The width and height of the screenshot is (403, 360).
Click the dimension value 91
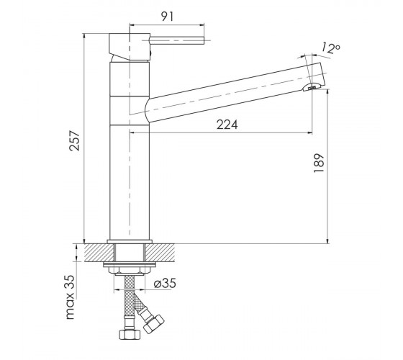[x=167, y=17]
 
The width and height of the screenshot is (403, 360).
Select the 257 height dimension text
[x=75, y=140]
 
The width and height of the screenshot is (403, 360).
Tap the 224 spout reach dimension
[x=227, y=125]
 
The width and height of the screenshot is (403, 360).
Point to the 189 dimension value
[x=319, y=163]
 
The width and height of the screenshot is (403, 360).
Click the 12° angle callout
[x=331, y=48]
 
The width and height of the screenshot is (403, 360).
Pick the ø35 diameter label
[x=165, y=284]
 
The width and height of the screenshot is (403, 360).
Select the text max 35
[x=71, y=297]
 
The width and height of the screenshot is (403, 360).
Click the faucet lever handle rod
[x=177, y=40]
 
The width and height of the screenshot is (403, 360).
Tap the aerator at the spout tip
[x=312, y=87]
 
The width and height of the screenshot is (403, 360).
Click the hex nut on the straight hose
[x=130, y=334]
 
